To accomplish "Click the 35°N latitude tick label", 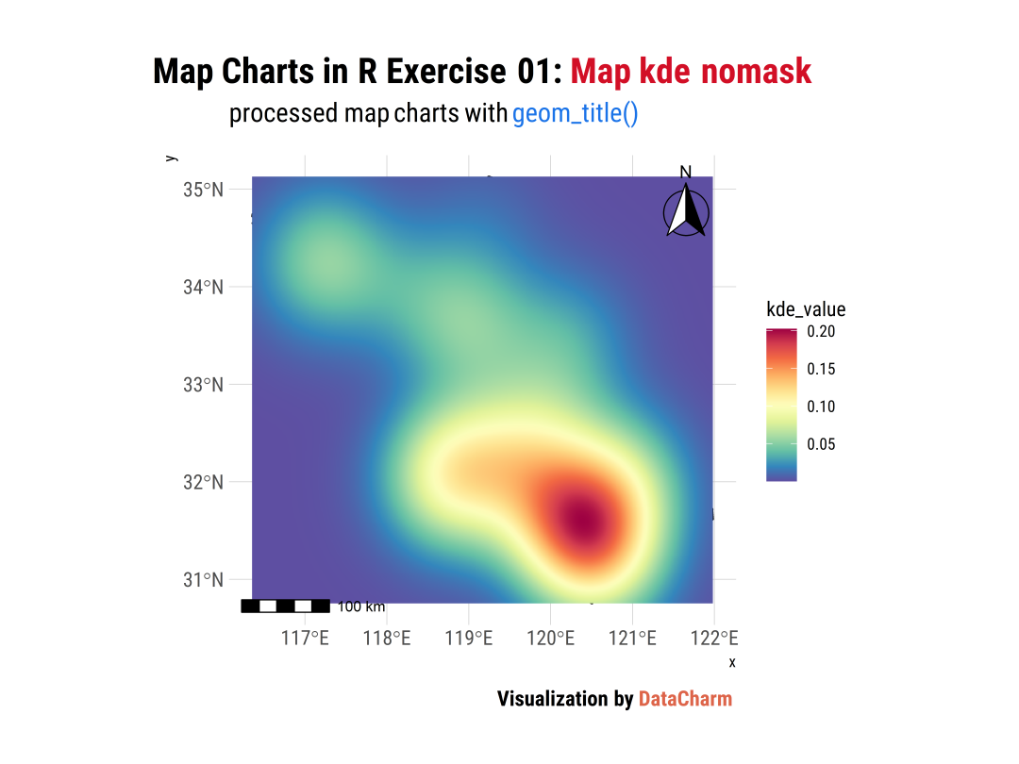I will (x=203, y=190).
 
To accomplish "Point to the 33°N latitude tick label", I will (x=203, y=385).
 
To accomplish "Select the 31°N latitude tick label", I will (x=203, y=579).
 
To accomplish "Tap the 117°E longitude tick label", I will (x=305, y=639).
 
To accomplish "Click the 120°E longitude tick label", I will (x=550, y=639).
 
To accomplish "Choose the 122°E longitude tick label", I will (x=713, y=639).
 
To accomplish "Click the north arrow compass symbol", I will (x=686, y=212).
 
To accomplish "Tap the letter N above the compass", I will (x=686, y=172).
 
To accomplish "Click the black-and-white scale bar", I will (x=285, y=606).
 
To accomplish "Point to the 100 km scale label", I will (x=361, y=606).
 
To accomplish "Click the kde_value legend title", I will (x=806, y=309).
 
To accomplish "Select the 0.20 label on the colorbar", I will (x=821, y=332).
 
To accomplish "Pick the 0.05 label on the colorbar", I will (x=821, y=444).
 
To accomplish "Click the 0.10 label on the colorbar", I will (x=821, y=407).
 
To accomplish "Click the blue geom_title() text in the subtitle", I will (x=576, y=114).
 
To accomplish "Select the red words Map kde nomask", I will (x=691, y=72).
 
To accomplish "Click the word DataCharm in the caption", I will (x=685, y=699).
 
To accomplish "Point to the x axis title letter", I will (x=732, y=662).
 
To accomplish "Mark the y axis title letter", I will (x=171, y=158).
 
